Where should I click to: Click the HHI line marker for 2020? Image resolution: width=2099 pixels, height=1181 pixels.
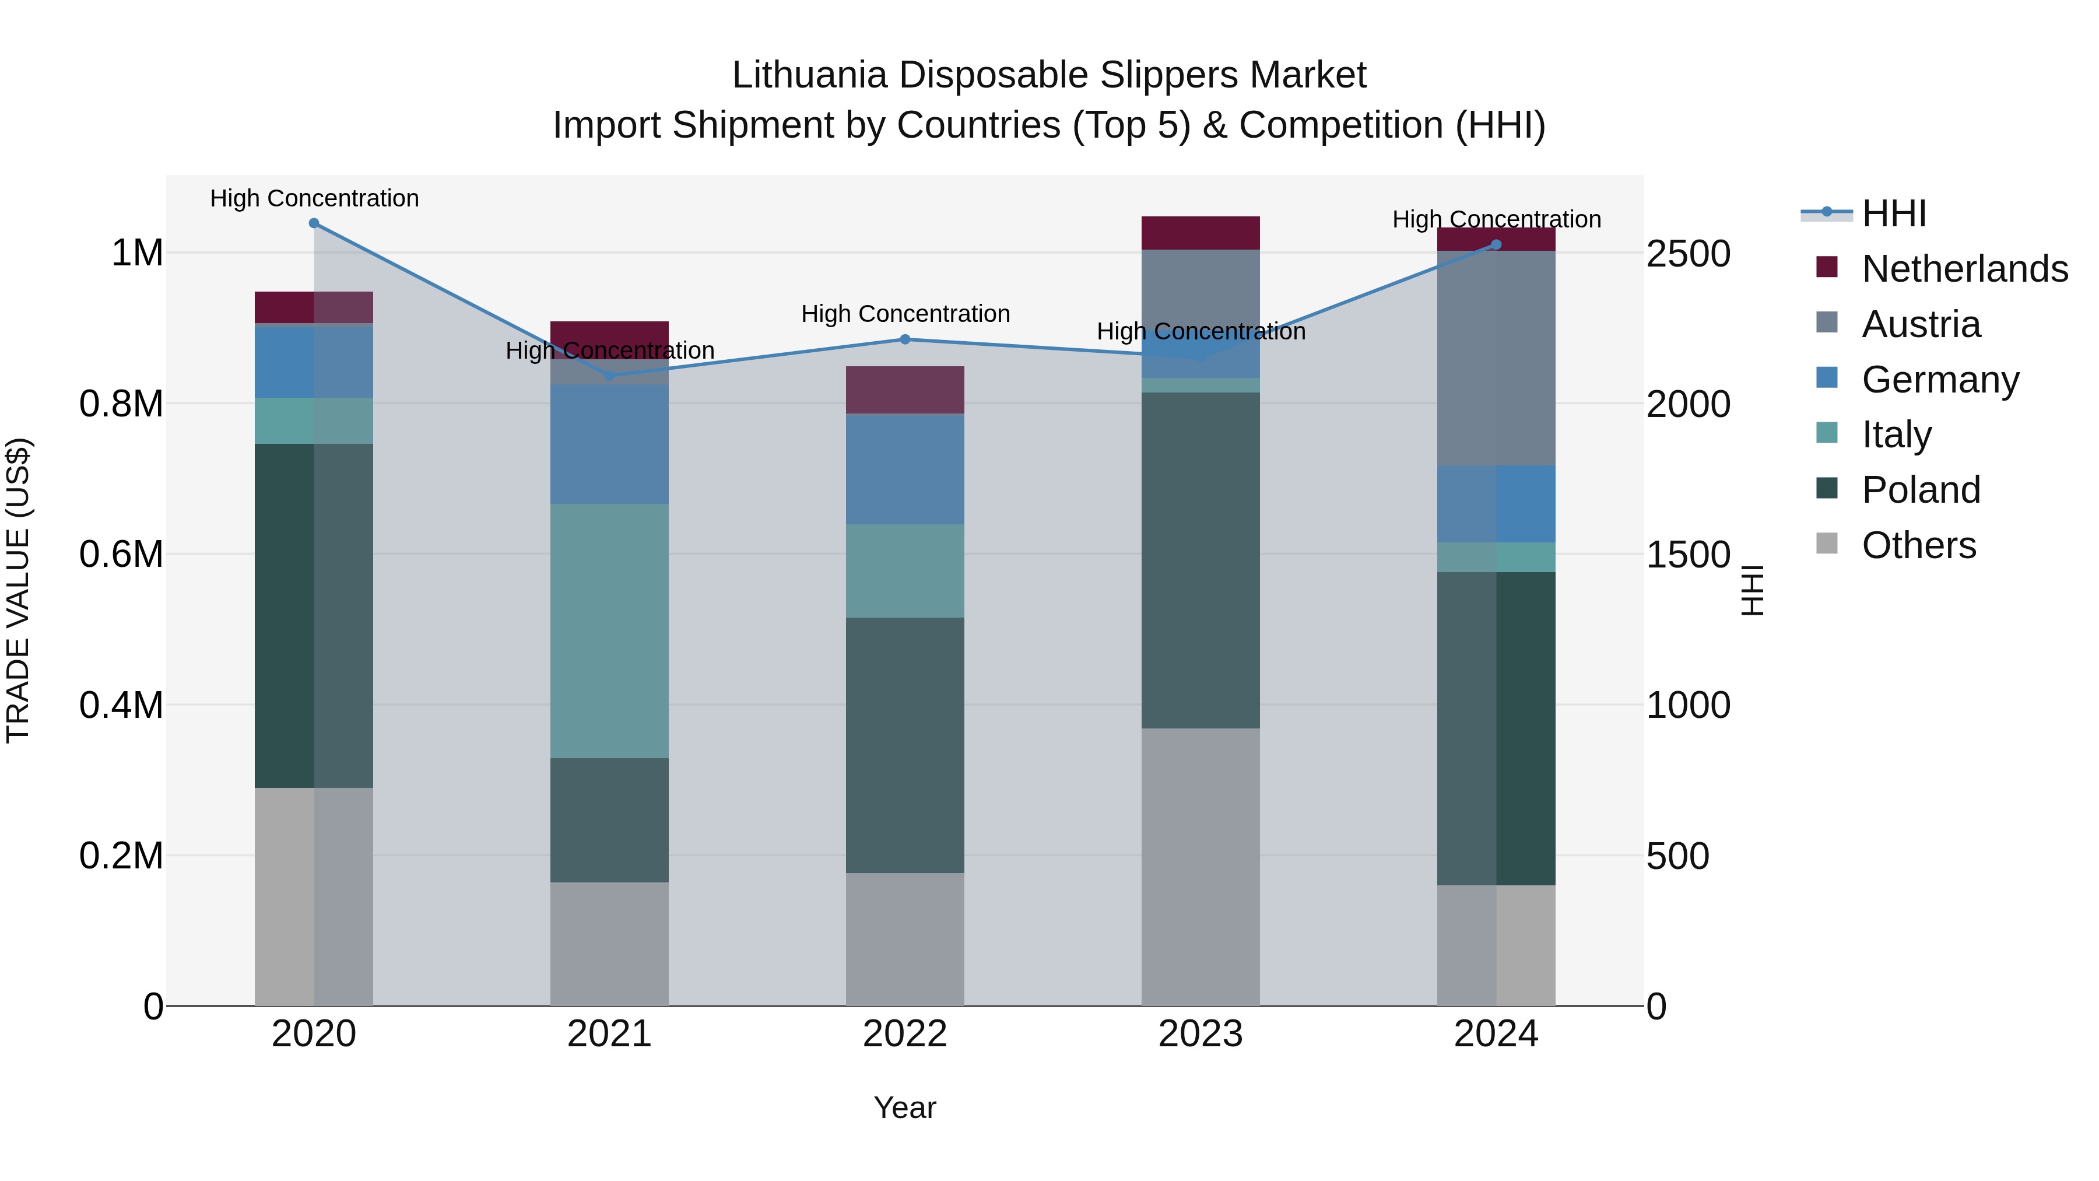tap(314, 223)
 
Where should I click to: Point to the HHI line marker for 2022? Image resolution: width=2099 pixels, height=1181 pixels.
tap(904, 339)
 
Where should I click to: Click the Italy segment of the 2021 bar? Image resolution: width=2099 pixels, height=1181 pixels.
tap(609, 631)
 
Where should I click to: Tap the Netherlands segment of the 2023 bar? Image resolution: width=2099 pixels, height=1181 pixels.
tap(1201, 233)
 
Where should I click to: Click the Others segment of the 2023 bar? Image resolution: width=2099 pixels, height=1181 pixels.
tap(1201, 867)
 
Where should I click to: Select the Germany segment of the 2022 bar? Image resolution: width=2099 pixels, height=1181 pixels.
tap(904, 469)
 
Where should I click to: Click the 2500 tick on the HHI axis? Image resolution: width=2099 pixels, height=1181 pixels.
tap(1687, 254)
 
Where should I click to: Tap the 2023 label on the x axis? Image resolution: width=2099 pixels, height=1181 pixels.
tap(1201, 1034)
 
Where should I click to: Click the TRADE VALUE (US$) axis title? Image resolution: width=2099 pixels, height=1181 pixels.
tap(18, 590)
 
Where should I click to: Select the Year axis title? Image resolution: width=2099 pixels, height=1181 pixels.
tap(904, 1108)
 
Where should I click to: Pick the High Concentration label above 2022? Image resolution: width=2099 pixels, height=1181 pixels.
tap(904, 314)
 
